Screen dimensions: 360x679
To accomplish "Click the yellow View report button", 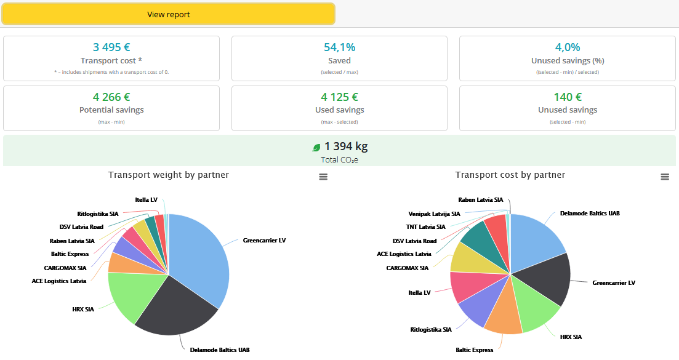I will (168, 14).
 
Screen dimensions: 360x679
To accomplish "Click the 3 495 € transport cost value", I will (111, 47).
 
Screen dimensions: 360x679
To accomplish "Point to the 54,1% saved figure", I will (339, 47).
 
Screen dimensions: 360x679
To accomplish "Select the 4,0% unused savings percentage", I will (567, 47).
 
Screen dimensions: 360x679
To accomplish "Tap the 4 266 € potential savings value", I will (111, 97).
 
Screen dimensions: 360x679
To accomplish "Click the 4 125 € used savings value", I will (339, 97).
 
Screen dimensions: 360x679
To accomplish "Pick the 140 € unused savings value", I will (567, 97).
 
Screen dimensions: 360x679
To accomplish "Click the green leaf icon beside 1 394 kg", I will (316, 147).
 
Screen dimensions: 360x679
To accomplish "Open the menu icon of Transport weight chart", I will (323, 177).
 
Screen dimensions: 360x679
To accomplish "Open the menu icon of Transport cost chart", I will (665, 177).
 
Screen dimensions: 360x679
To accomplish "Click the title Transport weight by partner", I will (169, 175).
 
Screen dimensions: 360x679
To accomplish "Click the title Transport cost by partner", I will (510, 175).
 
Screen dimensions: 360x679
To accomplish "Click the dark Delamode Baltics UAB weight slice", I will (175, 308).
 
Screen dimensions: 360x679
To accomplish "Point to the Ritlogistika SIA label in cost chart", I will (431, 330).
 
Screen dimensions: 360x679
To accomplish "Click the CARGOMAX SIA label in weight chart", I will (65, 268).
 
